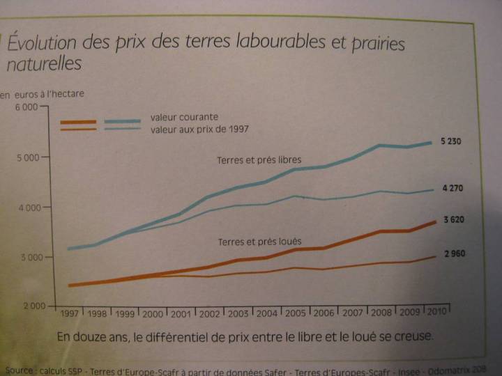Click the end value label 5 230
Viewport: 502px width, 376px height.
[x=450, y=142]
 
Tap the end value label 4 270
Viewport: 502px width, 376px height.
[x=452, y=188]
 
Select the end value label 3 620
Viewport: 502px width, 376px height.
[x=454, y=220]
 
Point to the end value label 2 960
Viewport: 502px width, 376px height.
[x=453, y=254]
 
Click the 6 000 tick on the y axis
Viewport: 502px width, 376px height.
[x=26, y=108]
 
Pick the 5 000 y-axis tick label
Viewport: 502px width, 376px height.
[x=26, y=157]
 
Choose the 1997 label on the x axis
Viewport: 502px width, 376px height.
[x=70, y=314]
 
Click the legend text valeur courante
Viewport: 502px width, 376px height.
[x=184, y=117]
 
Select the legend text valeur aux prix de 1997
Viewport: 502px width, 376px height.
[x=199, y=130]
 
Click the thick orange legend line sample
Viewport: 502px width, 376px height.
[x=78, y=123]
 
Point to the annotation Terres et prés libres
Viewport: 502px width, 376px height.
[x=259, y=161]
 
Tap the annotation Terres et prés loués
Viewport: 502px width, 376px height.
[x=259, y=242]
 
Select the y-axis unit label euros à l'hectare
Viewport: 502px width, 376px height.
[x=49, y=94]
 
